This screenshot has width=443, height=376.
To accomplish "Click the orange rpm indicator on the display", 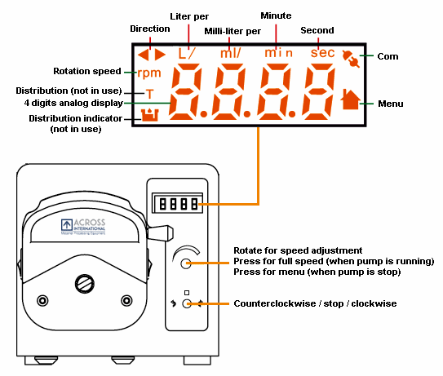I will coord(148,73).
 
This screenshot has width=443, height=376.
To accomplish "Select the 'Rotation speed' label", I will coord(86,72).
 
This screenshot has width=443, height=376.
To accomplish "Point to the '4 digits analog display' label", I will coord(73,103).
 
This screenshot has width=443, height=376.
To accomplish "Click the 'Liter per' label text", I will coord(188,16).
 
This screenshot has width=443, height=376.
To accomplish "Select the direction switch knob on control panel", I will coord(187,303).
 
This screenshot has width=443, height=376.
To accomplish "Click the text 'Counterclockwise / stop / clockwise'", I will coord(315,303).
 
